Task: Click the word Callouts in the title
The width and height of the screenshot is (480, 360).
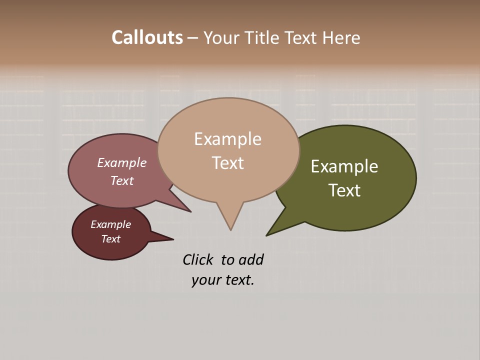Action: tap(147, 37)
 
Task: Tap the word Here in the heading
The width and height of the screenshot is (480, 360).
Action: tap(341, 37)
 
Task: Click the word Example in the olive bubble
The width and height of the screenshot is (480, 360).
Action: tap(344, 166)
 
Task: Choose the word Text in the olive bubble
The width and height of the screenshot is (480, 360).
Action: tap(344, 190)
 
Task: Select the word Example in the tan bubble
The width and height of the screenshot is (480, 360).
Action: tap(228, 139)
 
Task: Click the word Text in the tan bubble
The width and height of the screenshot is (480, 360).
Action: tap(228, 163)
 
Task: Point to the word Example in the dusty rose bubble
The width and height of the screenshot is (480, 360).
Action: tap(122, 163)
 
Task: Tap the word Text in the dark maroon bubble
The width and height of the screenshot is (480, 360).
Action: tap(111, 239)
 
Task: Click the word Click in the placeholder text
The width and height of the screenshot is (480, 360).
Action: tap(198, 260)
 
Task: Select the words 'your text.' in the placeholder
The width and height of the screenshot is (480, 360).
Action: tap(223, 280)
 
